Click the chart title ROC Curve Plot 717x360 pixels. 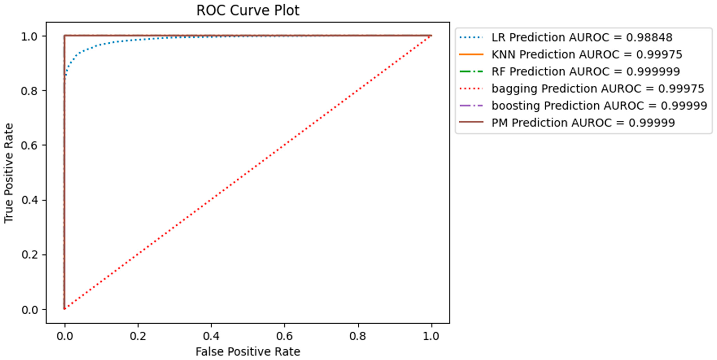click(x=248, y=11)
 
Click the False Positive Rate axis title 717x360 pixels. click(x=248, y=352)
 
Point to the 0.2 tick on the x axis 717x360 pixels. click(x=138, y=336)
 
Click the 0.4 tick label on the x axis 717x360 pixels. click(x=211, y=336)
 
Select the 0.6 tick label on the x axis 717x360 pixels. click(x=285, y=336)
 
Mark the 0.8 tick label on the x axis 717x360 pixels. click(x=358, y=336)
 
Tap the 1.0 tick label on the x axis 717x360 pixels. click(x=431, y=336)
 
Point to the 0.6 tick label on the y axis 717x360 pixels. click(x=29, y=145)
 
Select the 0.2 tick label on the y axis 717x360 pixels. click(x=29, y=255)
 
